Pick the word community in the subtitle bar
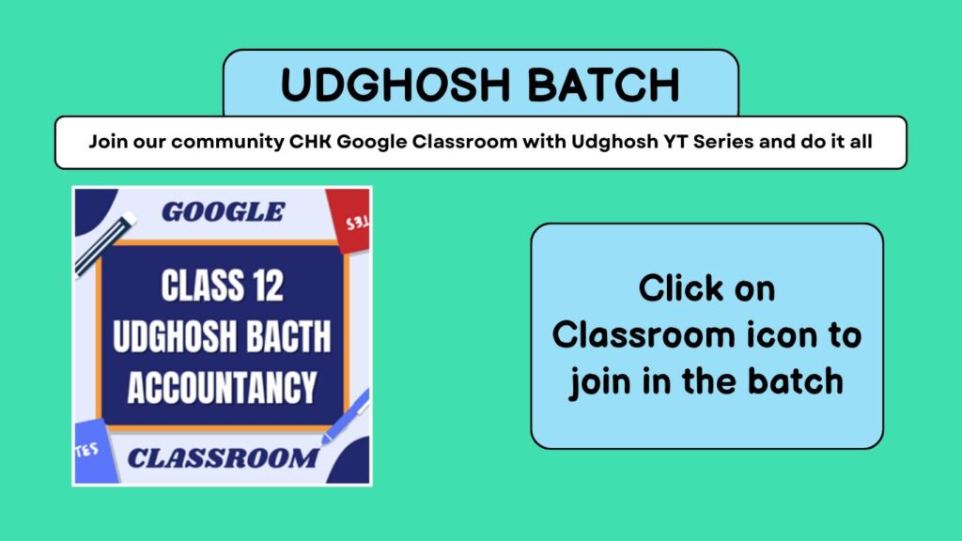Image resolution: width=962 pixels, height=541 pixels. (227, 143)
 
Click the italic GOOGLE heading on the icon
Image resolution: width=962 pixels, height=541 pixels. (224, 211)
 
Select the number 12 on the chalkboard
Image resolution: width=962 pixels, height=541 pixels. (268, 286)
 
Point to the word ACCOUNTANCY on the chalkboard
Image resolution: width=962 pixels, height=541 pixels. (222, 388)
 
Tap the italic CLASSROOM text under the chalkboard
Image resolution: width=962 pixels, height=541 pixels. (223, 458)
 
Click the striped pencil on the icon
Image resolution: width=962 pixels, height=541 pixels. (104, 244)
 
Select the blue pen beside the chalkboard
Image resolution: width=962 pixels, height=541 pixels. (346, 416)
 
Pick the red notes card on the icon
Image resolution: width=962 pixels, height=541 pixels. (349, 219)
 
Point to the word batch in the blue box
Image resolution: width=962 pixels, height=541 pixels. (795, 381)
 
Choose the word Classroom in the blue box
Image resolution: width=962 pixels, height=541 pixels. (644, 335)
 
